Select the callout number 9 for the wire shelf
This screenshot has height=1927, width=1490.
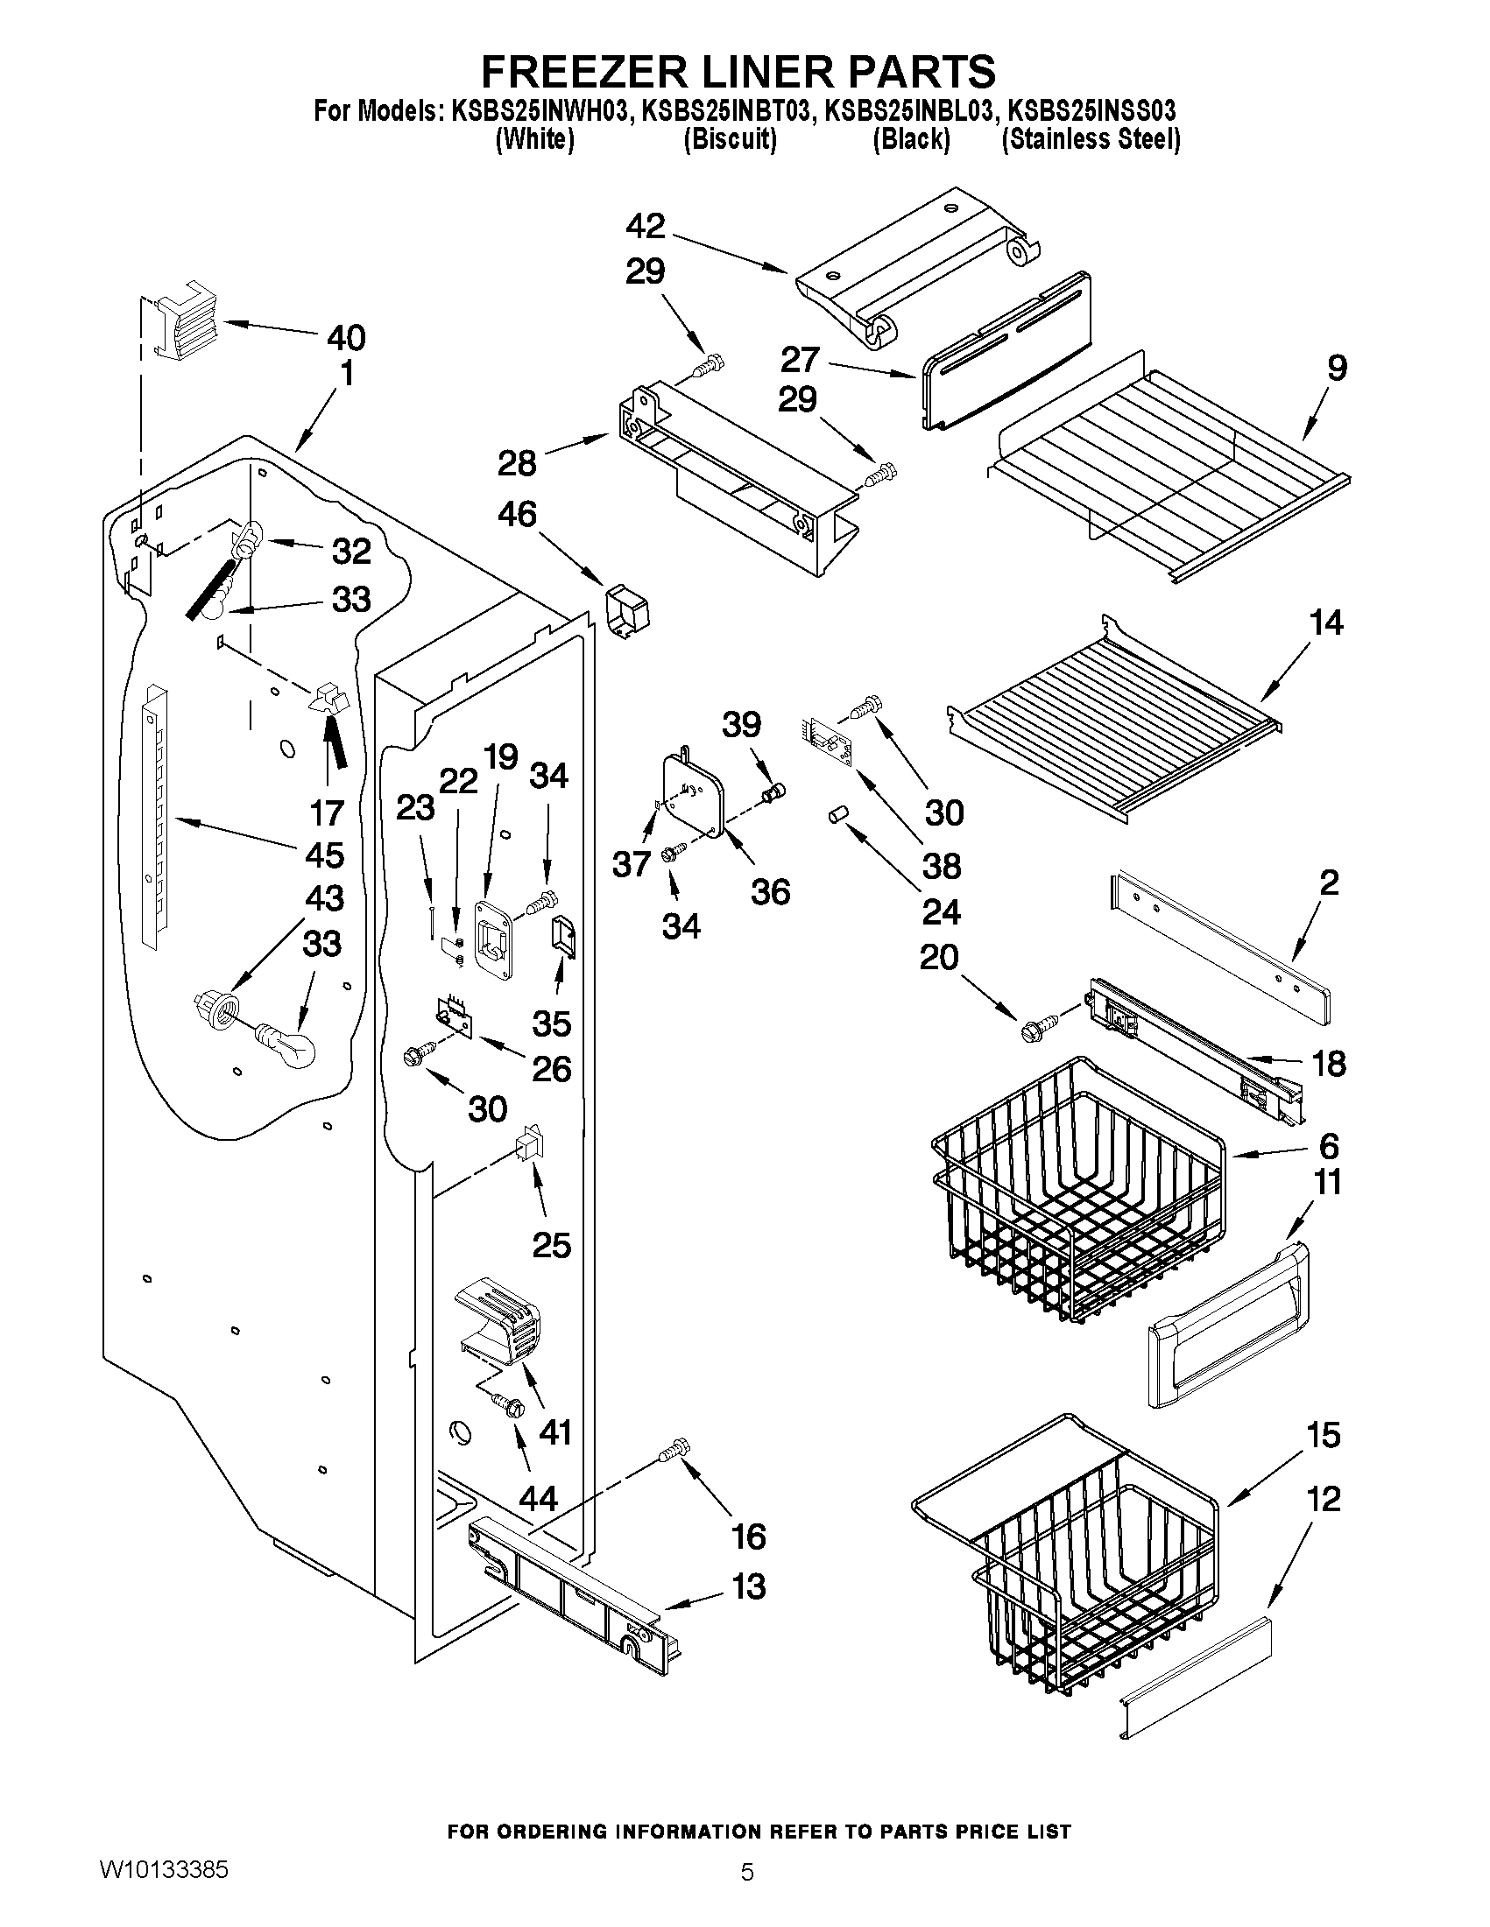[1336, 367]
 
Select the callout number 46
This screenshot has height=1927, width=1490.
[518, 514]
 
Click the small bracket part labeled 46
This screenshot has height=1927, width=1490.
[625, 609]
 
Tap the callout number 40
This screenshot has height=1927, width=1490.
[346, 337]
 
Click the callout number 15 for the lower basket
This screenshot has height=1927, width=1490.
[1324, 1436]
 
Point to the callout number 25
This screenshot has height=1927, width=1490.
[551, 1245]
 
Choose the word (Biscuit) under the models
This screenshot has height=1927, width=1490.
[730, 139]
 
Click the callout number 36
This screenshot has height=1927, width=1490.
[770, 892]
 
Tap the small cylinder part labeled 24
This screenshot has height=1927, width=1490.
[837, 815]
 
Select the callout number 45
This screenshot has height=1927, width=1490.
[323, 854]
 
